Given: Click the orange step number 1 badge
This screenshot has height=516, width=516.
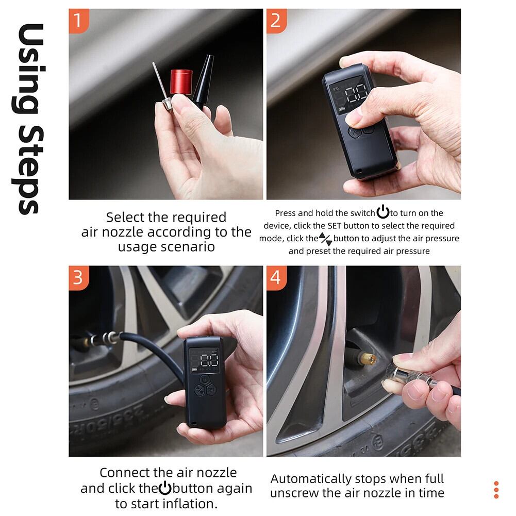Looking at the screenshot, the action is point(79,21).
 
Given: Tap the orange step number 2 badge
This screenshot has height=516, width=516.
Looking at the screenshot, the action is point(276,21).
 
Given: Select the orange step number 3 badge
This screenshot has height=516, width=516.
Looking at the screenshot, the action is point(79,278).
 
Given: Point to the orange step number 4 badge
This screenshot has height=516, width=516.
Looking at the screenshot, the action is point(276,278).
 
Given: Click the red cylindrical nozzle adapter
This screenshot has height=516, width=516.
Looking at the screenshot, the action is point(181,82).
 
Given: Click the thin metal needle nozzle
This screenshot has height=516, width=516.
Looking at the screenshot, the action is point(161,86).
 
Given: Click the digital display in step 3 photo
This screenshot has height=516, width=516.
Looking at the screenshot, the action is point(205,361).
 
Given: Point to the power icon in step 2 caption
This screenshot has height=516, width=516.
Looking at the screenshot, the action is point(382,211).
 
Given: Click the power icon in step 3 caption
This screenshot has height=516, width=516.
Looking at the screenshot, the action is point(165,488).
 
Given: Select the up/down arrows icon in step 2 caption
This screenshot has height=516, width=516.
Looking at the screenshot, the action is point(325,239).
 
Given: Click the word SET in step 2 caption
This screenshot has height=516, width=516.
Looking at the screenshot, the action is point(335,226).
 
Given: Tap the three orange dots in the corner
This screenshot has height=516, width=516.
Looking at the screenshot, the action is point(496,490).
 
